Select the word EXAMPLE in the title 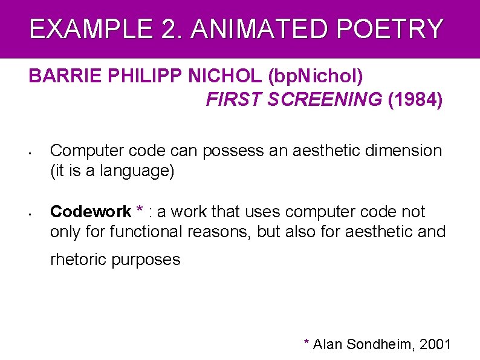pos(82,28)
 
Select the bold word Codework pos(91,212)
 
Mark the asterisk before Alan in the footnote pos(307,342)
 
